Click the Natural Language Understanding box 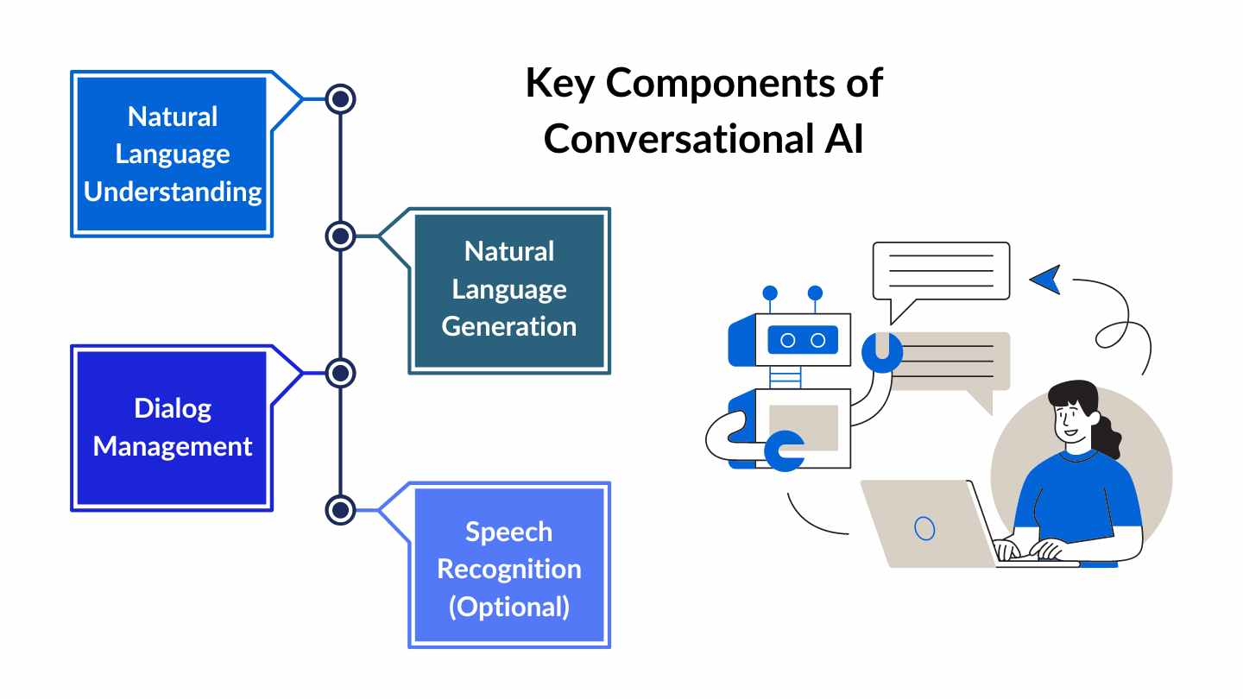[x=172, y=154]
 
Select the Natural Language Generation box [x=508, y=290]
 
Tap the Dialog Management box [x=172, y=428]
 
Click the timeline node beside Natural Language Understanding [x=341, y=99]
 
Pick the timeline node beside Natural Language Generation [x=341, y=236]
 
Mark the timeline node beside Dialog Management [x=341, y=374]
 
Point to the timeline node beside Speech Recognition [x=341, y=509]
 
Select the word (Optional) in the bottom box [x=508, y=606]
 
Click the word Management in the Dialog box [x=172, y=447]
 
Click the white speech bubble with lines [x=940, y=271]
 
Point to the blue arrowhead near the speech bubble [x=1045, y=280]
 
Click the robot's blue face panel [x=802, y=340]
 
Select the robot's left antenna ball [x=770, y=293]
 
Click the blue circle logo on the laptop [x=924, y=527]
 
